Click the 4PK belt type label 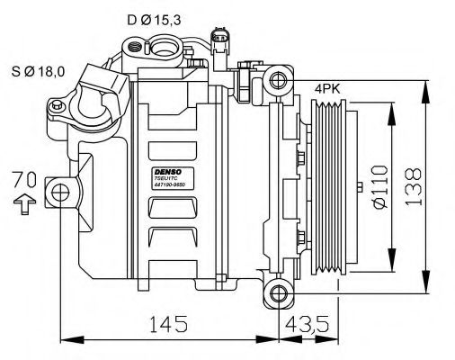click(326, 91)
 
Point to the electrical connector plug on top click(221, 40)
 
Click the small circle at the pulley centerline click(360, 188)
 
